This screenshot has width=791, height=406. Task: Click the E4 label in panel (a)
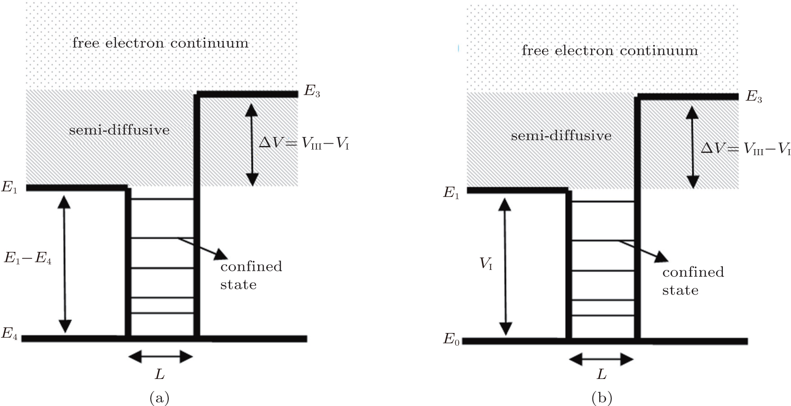pyautogui.click(x=9, y=334)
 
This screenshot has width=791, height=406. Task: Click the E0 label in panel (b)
pyautogui.click(x=451, y=338)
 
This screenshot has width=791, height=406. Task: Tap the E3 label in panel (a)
pyautogui.click(x=312, y=91)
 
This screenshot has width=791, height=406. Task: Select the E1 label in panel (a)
pyautogui.click(x=9, y=187)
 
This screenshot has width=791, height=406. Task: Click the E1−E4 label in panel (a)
pyautogui.click(x=28, y=259)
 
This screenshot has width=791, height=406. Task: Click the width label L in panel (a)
pyautogui.click(x=160, y=374)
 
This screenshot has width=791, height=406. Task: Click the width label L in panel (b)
pyautogui.click(x=601, y=374)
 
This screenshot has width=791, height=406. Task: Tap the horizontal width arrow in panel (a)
pyautogui.click(x=161, y=357)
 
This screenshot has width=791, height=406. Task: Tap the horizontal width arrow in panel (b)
pyautogui.click(x=601, y=359)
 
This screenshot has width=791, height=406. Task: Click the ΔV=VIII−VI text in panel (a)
pyautogui.click(x=304, y=144)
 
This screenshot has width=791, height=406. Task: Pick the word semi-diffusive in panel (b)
pyautogui.click(x=561, y=136)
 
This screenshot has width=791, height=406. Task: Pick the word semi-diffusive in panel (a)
pyautogui.click(x=119, y=130)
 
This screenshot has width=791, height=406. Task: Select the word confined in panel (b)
pyautogui.click(x=693, y=272)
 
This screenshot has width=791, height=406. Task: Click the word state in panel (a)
pyautogui.click(x=238, y=285)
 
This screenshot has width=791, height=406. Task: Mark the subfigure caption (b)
pyautogui.click(x=602, y=397)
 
